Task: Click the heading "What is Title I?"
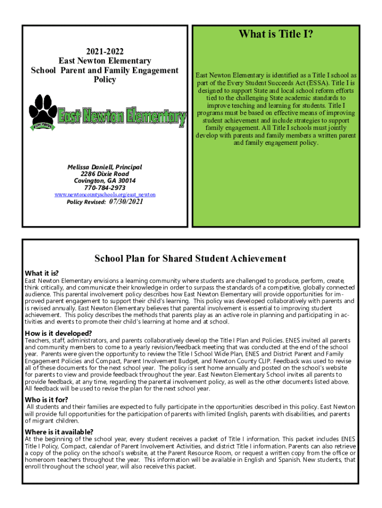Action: tap(276, 34)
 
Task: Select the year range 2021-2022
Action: tap(105, 51)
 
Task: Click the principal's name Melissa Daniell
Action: tap(105, 167)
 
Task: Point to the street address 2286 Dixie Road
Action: tap(105, 174)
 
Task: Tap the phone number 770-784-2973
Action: tap(105, 188)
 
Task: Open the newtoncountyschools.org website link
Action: tap(105, 194)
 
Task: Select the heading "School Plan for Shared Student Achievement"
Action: tap(191, 258)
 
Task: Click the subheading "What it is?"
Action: tap(42, 273)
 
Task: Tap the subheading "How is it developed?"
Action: tap(59, 333)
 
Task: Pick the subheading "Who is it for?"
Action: tap(47, 399)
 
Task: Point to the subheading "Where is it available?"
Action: tap(59, 432)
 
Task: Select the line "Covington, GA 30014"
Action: tap(105, 181)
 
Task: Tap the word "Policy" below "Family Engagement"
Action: tap(105, 80)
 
